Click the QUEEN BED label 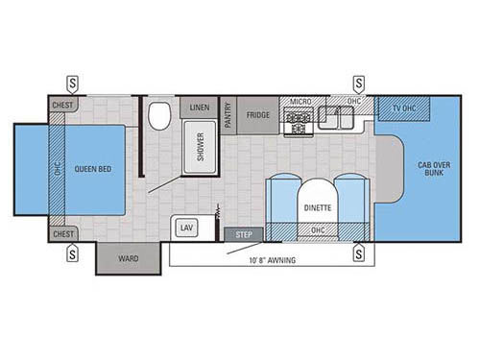point(91,169)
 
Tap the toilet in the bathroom point(159,116)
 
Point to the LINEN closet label point(201,106)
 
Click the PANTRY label point(228,117)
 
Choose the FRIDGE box point(257,114)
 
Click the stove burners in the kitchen point(297,122)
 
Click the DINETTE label point(317,205)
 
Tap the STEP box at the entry point(243,234)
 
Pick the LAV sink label point(186,228)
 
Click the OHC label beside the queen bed point(58,169)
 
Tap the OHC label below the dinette point(317,228)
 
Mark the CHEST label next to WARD point(63,233)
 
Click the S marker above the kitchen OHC point(359,82)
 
